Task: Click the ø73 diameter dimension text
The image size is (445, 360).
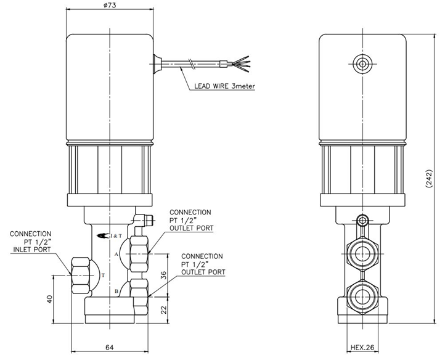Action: click(110, 5)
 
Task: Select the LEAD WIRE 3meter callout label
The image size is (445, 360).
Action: click(224, 86)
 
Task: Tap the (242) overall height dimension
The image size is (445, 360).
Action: click(429, 179)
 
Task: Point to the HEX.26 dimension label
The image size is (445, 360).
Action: click(362, 347)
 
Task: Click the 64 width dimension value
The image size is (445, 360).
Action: click(110, 347)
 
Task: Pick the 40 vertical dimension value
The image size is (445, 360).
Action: click(49, 299)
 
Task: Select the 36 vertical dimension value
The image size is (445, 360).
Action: click(163, 275)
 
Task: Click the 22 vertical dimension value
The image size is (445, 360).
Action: click(163, 309)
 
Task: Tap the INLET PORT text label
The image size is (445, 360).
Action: click(32, 250)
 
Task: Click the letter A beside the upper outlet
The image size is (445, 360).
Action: click(116, 255)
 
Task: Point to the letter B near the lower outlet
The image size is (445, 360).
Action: click(116, 291)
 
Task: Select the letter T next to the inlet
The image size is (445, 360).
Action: click(103, 275)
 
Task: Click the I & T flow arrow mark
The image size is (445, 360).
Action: click(110, 235)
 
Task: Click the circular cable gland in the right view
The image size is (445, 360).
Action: click(362, 64)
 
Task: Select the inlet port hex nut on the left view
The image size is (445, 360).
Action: click(81, 276)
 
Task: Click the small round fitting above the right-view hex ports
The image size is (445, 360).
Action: click(362, 219)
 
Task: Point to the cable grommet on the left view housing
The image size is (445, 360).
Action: click(157, 64)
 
